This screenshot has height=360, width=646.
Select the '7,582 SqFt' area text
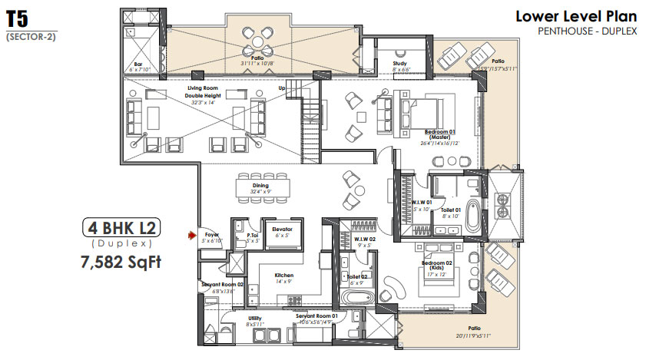coord(122,263)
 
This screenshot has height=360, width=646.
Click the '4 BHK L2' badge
coord(122,228)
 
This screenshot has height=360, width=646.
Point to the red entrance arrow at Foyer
coord(193,237)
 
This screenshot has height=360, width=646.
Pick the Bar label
coord(138,66)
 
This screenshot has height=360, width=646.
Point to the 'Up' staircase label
coord(282,88)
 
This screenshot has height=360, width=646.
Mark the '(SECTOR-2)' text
coord(31,36)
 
